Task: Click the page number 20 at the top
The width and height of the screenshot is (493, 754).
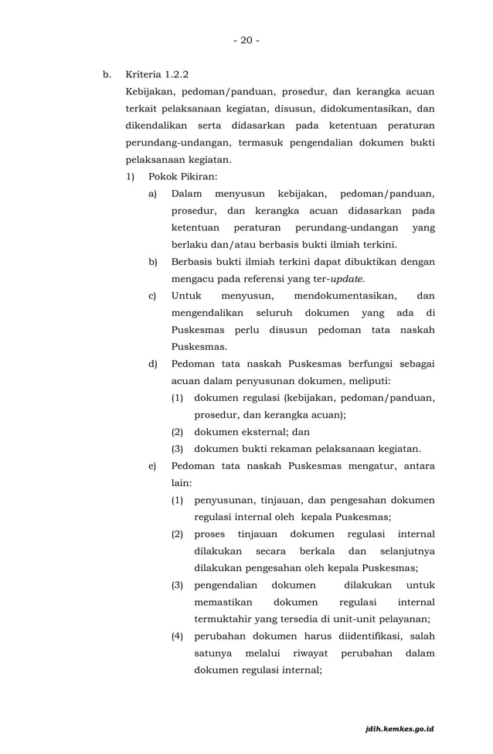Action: (246, 40)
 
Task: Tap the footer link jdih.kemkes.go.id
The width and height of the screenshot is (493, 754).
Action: (399, 729)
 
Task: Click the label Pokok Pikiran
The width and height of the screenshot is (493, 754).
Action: (178, 177)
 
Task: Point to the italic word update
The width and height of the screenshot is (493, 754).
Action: (346, 279)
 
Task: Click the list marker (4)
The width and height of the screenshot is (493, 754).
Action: (177, 636)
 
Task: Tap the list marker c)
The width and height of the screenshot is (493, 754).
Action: (152, 296)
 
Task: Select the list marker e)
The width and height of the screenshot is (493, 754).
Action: (152, 466)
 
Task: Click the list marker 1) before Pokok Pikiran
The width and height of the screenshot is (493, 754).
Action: (132, 177)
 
